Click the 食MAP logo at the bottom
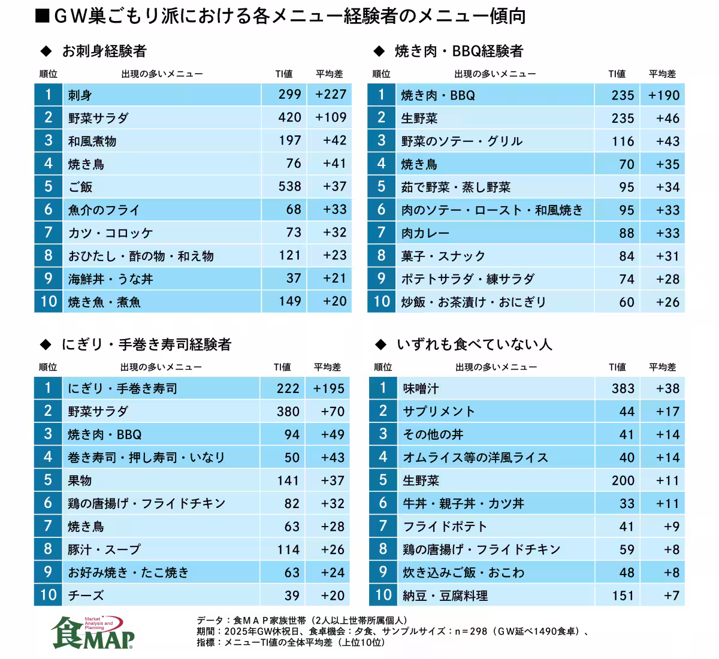click(x=93, y=632)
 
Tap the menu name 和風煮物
click(x=92, y=141)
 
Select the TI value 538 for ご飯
click(x=289, y=186)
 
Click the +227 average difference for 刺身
click(x=331, y=95)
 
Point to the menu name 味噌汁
click(x=421, y=389)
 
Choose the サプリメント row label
click(x=439, y=412)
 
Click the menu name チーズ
click(x=86, y=595)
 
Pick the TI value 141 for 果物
click(x=288, y=480)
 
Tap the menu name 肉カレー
click(x=425, y=233)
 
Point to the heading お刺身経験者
click(x=104, y=52)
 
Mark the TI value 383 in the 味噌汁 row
click(x=623, y=389)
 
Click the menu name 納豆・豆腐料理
click(x=445, y=596)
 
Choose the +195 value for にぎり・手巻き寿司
click(x=328, y=389)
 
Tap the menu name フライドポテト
click(x=445, y=527)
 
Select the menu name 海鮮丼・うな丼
click(x=110, y=279)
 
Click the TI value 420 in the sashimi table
click(x=289, y=117)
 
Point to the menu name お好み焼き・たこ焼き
click(x=128, y=573)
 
